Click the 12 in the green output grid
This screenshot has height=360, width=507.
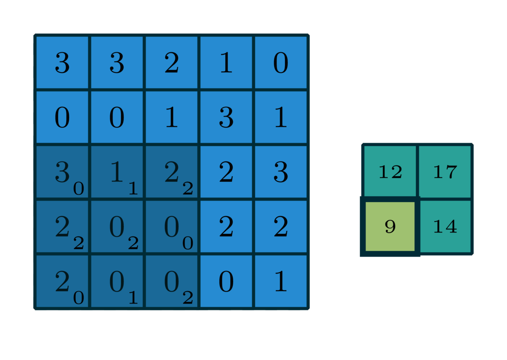click(x=390, y=172)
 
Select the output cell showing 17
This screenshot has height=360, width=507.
click(x=445, y=172)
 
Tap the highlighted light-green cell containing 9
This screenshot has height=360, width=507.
click(x=390, y=227)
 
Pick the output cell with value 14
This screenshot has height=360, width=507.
click(x=445, y=227)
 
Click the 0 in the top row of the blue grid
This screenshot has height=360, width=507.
click(x=281, y=63)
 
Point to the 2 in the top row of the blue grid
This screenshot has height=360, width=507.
click(x=172, y=63)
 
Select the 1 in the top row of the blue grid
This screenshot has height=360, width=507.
click(x=226, y=63)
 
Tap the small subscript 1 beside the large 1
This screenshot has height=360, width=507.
click(x=133, y=189)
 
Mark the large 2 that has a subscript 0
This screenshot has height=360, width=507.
click(x=62, y=281)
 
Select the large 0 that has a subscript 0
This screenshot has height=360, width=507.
click(x=172, y=227)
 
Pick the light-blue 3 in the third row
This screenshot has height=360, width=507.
click(x=281, y=172)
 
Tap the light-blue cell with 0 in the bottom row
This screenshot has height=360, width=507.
click(x=226, y=281)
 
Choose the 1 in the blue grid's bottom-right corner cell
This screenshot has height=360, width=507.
click(x=281, y=281)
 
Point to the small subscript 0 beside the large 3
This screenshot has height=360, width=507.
click(x=79, y=189)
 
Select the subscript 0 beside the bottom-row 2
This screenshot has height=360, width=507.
click(x=79, y=298)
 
